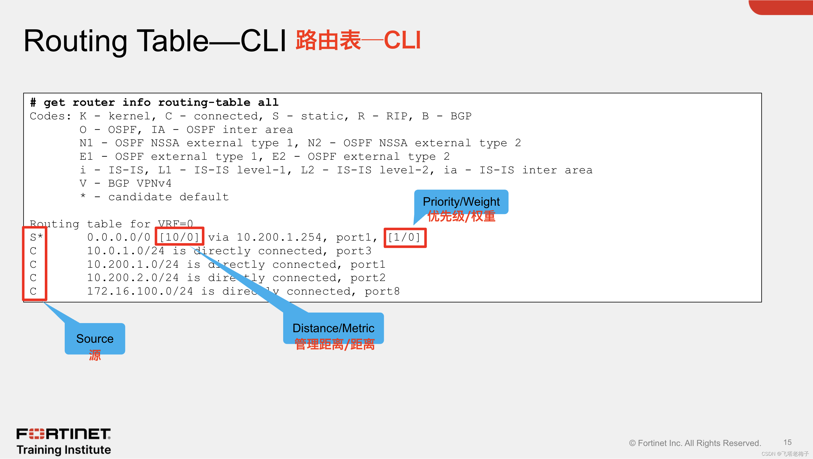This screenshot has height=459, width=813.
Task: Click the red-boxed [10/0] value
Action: (179, 237)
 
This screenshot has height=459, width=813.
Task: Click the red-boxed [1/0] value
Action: (404, 237)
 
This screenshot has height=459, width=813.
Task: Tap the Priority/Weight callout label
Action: (461, 202)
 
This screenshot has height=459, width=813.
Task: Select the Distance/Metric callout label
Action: (333, 328)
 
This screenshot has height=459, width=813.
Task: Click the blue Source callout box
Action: (95, 339)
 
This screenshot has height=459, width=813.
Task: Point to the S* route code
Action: (36, 237)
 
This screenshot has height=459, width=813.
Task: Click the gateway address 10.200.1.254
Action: (279, 237)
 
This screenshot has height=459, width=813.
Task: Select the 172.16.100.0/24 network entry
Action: (140, 291)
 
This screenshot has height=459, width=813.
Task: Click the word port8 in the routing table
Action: (382, 291)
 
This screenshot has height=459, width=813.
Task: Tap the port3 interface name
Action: (353, 251)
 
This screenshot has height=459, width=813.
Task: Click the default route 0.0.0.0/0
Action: (119, 237)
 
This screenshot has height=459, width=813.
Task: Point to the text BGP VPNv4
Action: (139, 184)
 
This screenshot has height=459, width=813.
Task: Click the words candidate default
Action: (168, 197)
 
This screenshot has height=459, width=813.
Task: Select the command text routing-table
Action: (204, 102)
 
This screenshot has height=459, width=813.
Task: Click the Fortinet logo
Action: (63, 434)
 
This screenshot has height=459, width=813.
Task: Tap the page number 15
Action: (788, 442)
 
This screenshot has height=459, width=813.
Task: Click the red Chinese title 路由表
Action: (328, 40)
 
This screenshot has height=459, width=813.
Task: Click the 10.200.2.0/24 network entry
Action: (133, 278)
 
